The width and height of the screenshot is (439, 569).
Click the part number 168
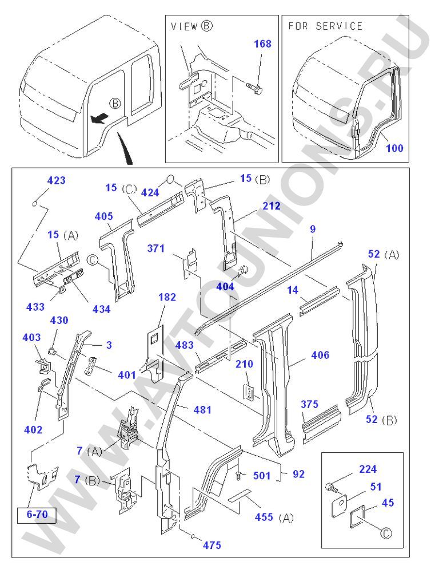[x=262, y=44]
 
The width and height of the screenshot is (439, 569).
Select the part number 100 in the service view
[x=394, y=148]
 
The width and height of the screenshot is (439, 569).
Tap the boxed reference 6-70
[x=37, y=513]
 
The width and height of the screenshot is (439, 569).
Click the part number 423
[x=56, y=180]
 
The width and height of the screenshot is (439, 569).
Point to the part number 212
[x=272, y=206]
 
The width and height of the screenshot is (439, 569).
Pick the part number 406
[x=320, y=355]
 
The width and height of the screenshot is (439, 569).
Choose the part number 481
[x=202, y=410]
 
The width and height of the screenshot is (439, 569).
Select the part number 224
[x=368, y=469]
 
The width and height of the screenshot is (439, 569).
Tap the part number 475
[x=211, y=545]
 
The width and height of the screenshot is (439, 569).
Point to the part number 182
[x=167, y=298]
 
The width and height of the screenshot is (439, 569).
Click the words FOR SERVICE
[x=325, y=26]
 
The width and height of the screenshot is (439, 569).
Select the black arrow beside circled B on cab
[x=99, y=118]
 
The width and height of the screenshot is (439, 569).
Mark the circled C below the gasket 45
[x=386, y=534]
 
